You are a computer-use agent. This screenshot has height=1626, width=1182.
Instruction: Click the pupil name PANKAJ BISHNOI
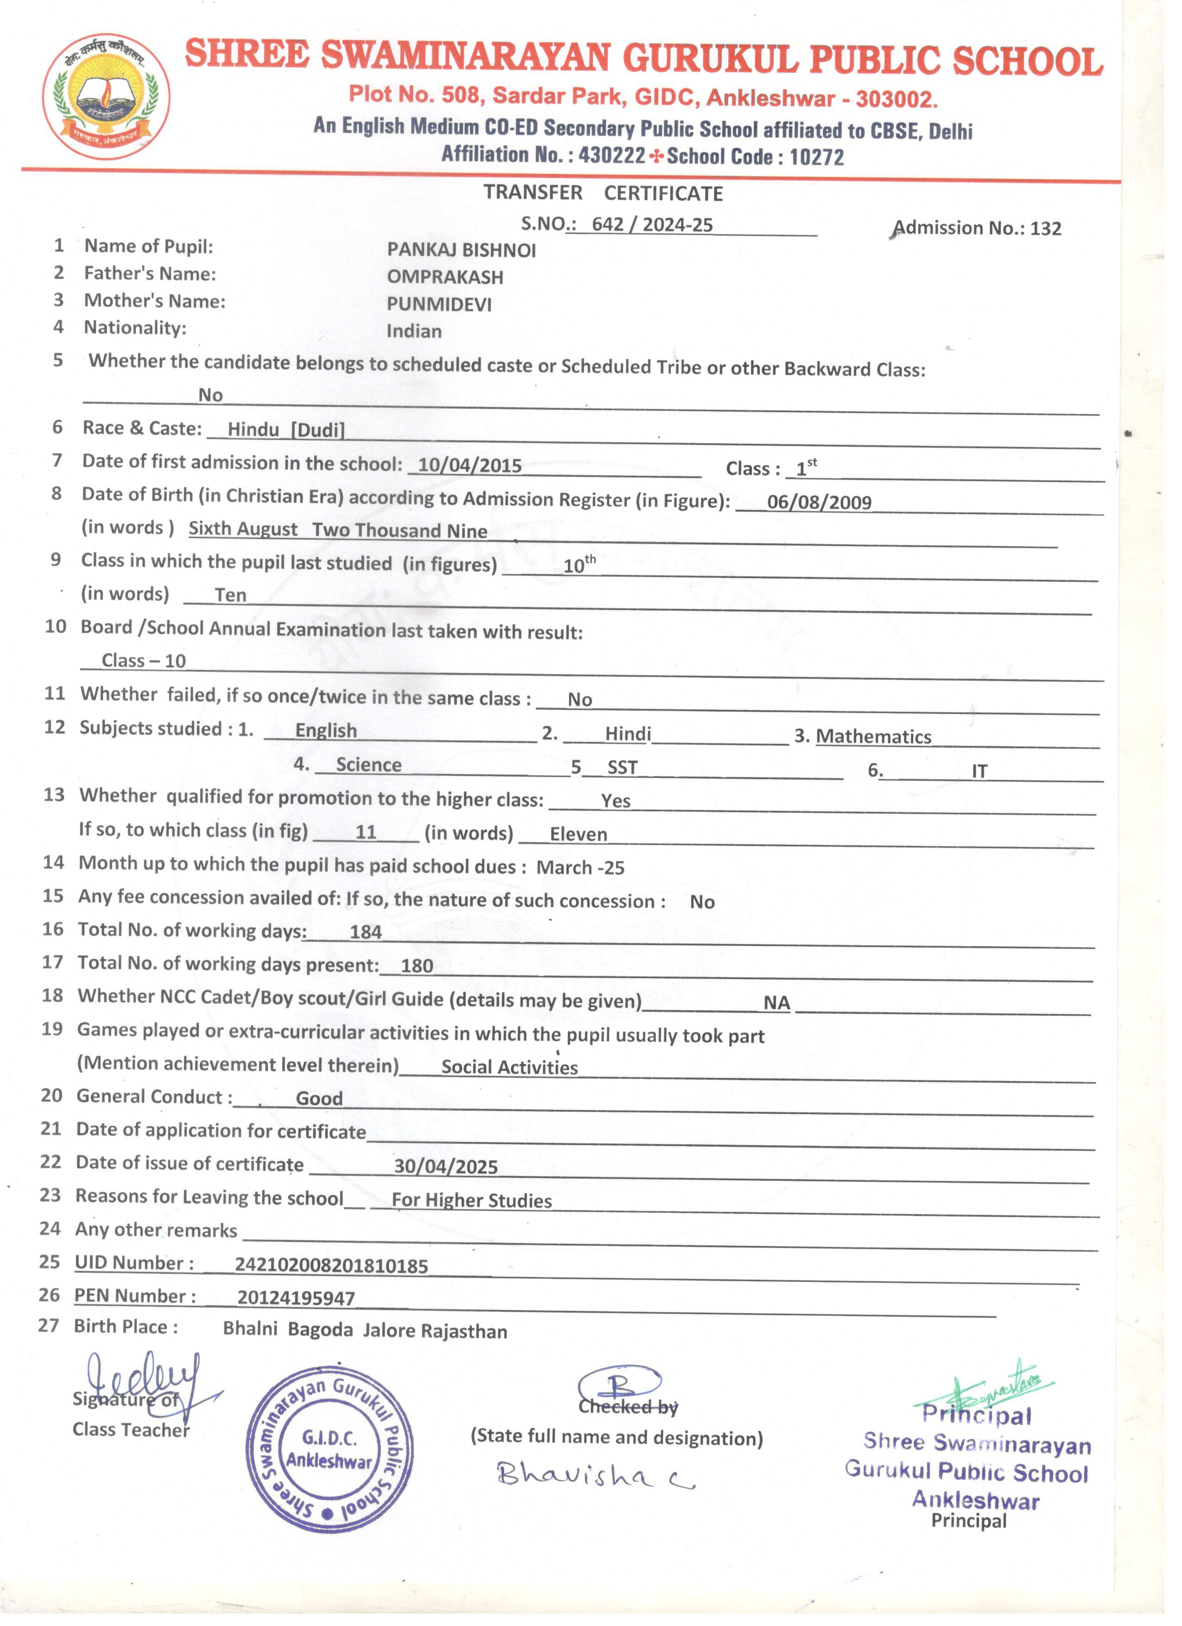coord(461,249)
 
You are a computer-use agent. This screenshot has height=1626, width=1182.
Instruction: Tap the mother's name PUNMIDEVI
coord(438,304)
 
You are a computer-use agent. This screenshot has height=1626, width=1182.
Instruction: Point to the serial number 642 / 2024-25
coord(652,224)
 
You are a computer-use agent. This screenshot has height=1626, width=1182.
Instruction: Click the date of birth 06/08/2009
coord(819,502)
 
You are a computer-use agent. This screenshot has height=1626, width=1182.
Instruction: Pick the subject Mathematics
coord(873,736)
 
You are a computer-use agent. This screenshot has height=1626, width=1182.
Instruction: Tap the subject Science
coord(369,764)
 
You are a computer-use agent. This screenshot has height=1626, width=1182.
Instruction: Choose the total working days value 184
coord(366,931)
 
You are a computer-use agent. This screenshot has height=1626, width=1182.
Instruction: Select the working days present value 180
coord(416,965)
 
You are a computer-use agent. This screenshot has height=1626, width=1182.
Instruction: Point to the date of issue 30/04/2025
coord(445,1167)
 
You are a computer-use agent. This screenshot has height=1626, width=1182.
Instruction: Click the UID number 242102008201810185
coord(331,1265)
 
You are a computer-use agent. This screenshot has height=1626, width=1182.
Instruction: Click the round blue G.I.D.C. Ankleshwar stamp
coord(329,1450)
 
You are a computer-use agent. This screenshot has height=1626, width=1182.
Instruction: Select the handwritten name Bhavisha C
coord(595,1475)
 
